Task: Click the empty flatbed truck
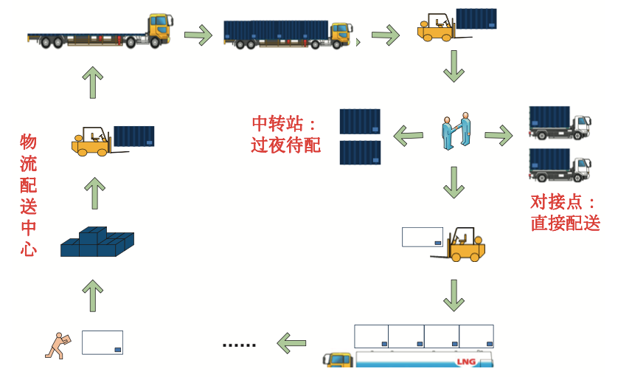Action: pos(100,32)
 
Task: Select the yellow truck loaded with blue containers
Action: pos(288,35)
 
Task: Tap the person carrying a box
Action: pos(58,346)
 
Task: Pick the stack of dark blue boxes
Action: pos(97,242)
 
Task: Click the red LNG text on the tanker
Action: pos(466,362)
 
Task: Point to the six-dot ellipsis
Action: pos(239,345)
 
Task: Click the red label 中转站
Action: pos(278,123)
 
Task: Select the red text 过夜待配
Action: pos(285,145)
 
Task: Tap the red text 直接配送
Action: pos(565,223)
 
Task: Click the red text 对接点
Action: pos(556,202)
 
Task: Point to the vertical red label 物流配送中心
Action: pos(28,196)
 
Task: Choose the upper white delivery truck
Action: pos(560,122)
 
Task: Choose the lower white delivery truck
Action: pos(560,165)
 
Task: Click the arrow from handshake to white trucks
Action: pos(499,135)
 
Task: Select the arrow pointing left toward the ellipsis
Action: pos(291,343)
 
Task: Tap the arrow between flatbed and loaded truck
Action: pos(198,35)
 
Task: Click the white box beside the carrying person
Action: pos(103,342)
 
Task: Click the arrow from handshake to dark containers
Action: pos(409,136)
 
